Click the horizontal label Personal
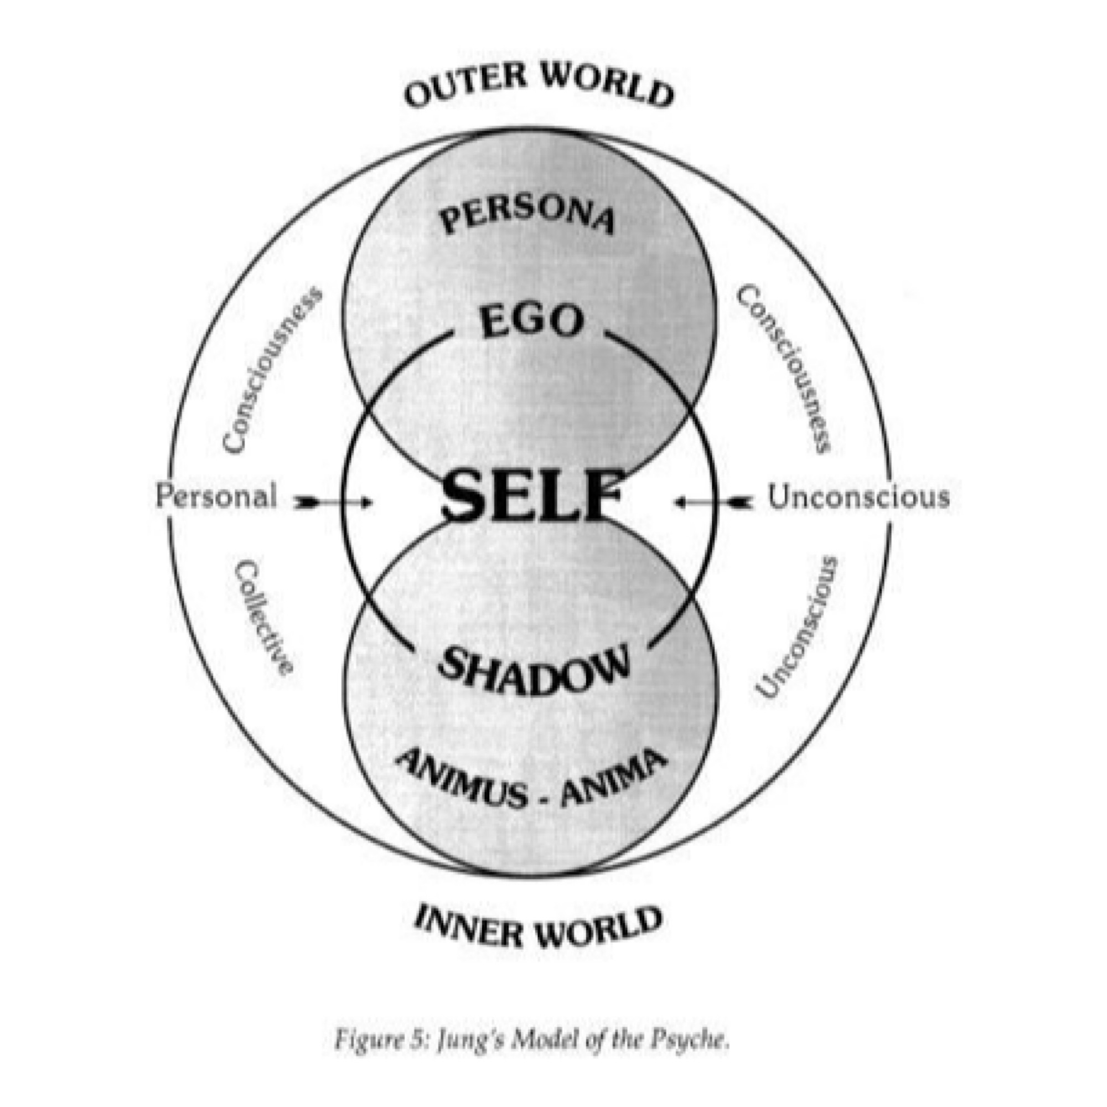click(x=216, y=496)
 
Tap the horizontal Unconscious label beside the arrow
click(x=858, y=497)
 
